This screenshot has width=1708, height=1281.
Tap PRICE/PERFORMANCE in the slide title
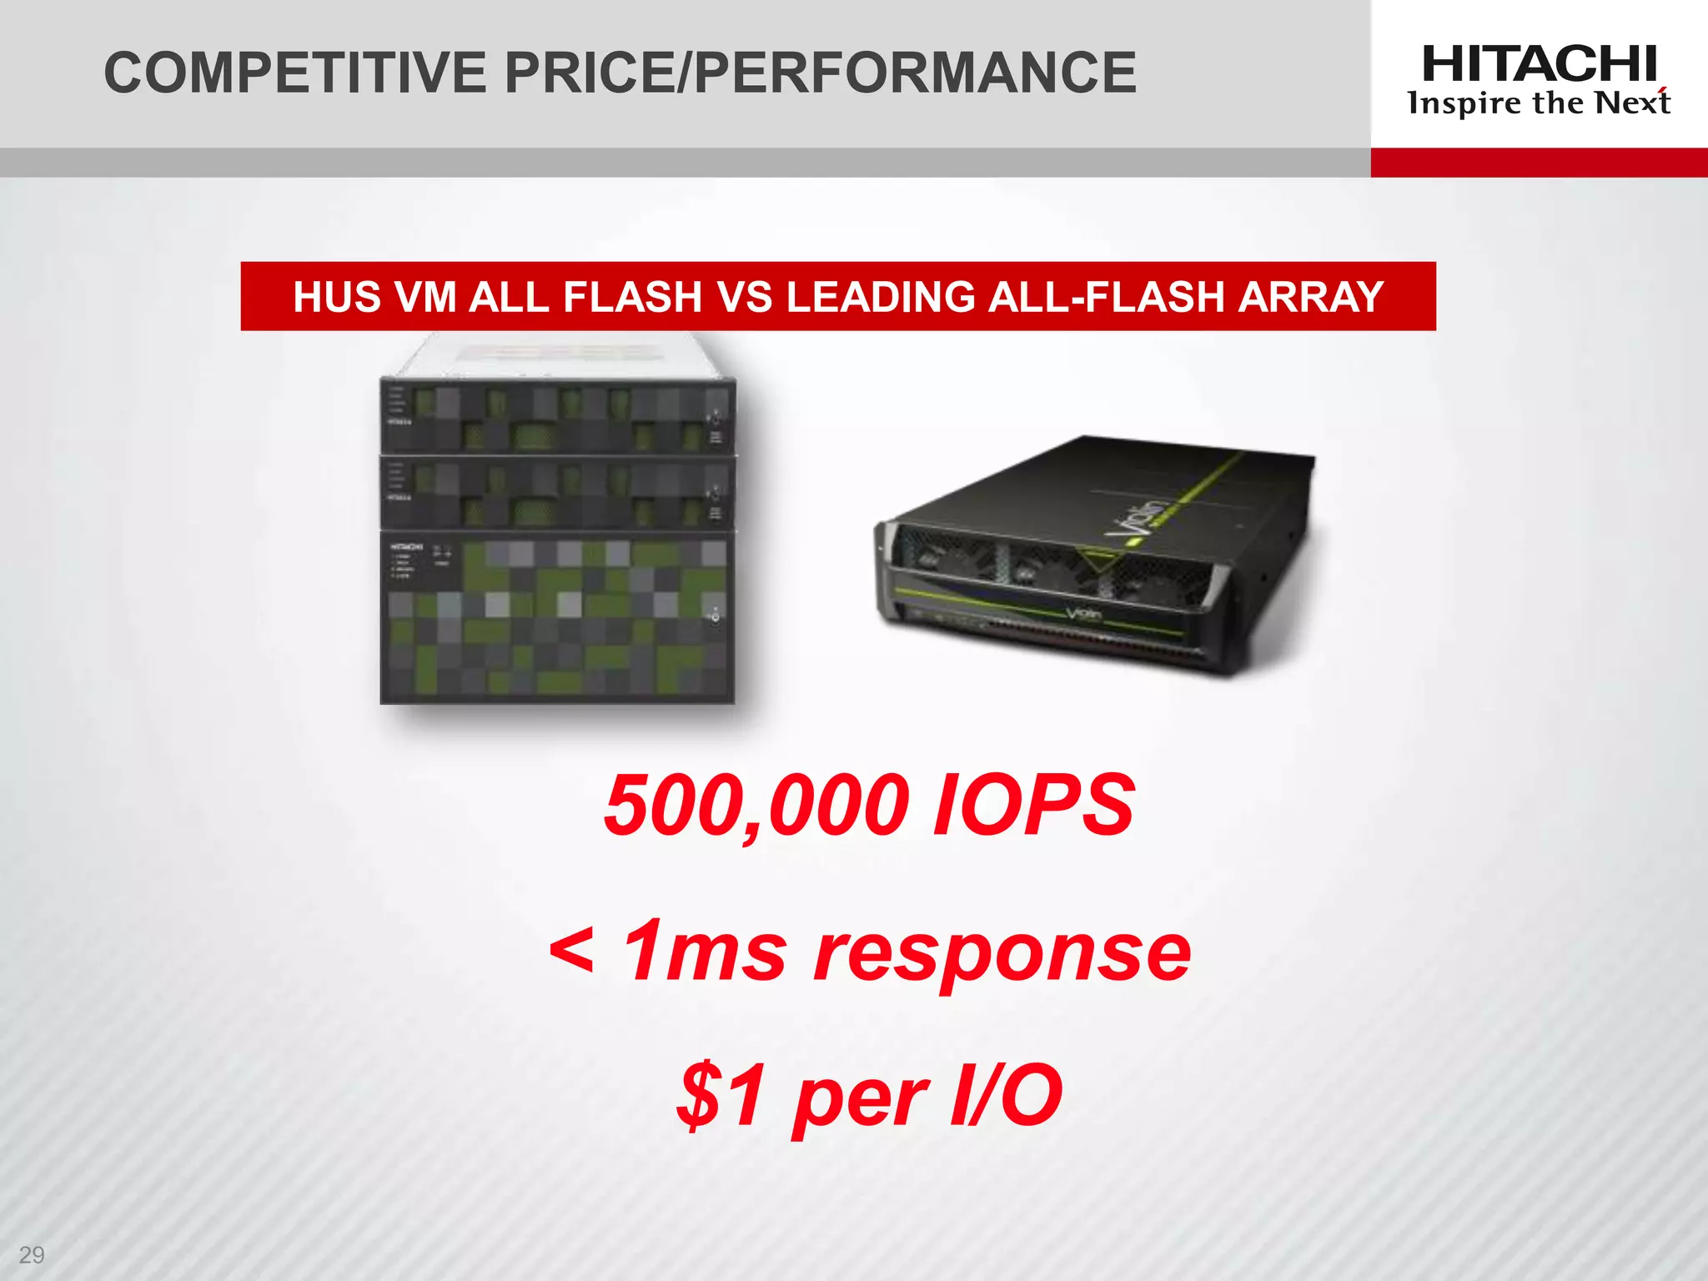click(821, 73)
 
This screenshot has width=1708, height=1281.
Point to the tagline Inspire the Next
click(1539, 103)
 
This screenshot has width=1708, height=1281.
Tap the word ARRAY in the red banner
click(1311, 297)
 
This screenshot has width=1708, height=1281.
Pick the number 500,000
click(756, 806)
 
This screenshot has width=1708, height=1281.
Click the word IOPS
click(1033, 806)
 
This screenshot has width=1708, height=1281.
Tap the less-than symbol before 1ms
click(572, 951)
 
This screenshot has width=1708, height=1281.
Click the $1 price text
click(722, 1094)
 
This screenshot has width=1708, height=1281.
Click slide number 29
click(32, 1254)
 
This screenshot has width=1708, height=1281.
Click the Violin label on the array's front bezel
click(1083, 615)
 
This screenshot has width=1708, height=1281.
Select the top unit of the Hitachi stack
click(557, 416)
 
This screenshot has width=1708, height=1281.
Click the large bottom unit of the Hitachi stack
click(557, 617)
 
